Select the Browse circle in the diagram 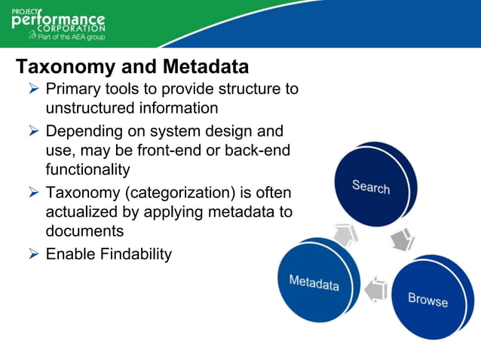tap(427, 299)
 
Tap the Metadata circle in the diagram tap(314, 282)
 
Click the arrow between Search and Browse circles tap(403, 240)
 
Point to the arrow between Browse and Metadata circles tap(375, 289)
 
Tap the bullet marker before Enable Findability tap(32, 254)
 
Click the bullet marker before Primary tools tap(32, 90)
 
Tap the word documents tap(84, 230)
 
